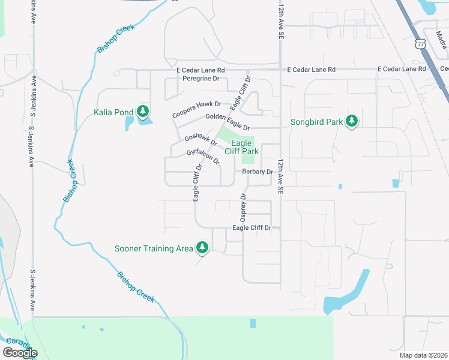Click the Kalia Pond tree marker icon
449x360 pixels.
142,112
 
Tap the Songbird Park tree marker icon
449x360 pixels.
352,122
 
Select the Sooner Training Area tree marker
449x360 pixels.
202,248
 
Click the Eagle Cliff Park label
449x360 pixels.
241,148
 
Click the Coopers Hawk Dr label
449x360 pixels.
197,109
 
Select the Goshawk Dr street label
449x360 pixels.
200,139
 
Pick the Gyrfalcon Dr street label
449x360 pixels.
203,158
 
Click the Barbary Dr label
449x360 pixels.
258,172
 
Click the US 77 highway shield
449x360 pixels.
420,44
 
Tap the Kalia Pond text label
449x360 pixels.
114,112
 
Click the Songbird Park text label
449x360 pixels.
316,122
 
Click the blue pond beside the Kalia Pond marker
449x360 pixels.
129,123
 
